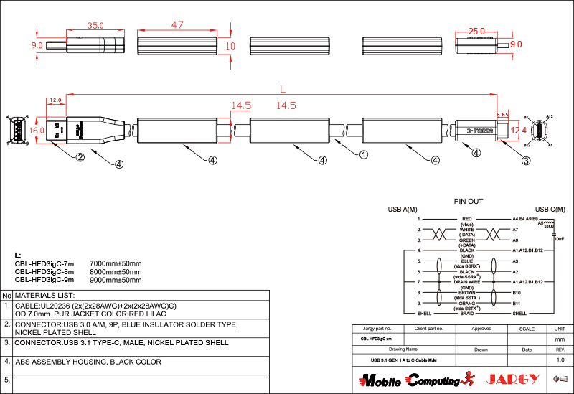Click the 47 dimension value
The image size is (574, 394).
pos(177,25)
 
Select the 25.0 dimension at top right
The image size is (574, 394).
pos(476,32)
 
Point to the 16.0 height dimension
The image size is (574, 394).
pos(37,131)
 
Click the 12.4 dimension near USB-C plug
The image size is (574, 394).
pos(518,130)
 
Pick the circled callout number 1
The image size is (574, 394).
pos(364,154)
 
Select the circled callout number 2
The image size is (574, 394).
pos(80,158)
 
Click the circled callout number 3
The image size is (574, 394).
pos(526,161)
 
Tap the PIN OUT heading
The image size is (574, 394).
pos(469,202)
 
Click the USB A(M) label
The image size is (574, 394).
pos(403,210)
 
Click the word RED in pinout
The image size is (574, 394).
pos(466,218)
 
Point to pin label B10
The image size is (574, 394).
pos(517,293)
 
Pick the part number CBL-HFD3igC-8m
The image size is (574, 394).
pos(44,272)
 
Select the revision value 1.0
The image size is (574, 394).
pos(560,360)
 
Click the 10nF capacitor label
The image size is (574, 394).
pos(559,238)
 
